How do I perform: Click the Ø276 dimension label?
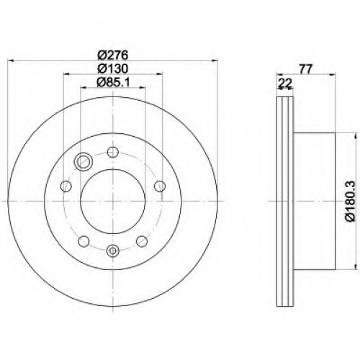[113, 55]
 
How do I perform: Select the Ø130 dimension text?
[113, 69]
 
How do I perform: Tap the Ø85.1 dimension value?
[113, 83]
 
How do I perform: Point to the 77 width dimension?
[305, 69]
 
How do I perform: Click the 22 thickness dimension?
[285, 84]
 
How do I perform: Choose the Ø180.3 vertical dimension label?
[350, 201]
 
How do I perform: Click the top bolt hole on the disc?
[113, 152]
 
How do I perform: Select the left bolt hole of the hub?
[66, 186]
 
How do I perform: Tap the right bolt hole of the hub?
[160, 186]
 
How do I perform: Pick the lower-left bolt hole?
[84, 241]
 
